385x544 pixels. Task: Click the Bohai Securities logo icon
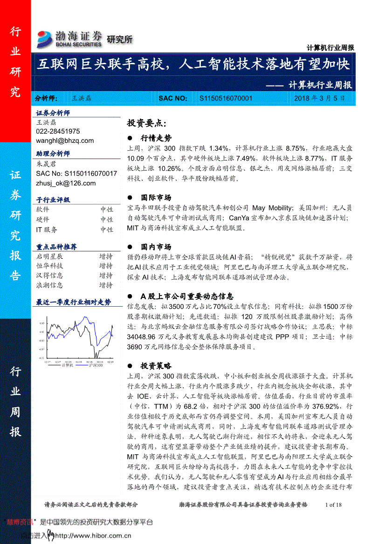click(x=45, y=39)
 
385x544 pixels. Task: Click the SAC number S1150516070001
click(x=226, y=98)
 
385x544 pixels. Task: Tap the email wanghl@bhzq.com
click(x=65, y=141)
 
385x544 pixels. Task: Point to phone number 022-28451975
click(x=58, y=132)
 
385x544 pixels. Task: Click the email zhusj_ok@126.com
click(x=66, y=183)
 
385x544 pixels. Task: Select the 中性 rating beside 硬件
click(x=106, y=220)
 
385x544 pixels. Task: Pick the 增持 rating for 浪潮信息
click(x=106, y=285)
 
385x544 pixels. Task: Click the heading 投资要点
click(x=146, y=123)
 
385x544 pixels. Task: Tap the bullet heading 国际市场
click(x=156, y=197)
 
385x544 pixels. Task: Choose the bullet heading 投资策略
click(x=156, y=366)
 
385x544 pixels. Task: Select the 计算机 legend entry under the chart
click(x=67, y=366)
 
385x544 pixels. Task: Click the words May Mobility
click(x=273, y=208)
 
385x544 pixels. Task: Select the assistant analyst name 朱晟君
click(x=46, y=164)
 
